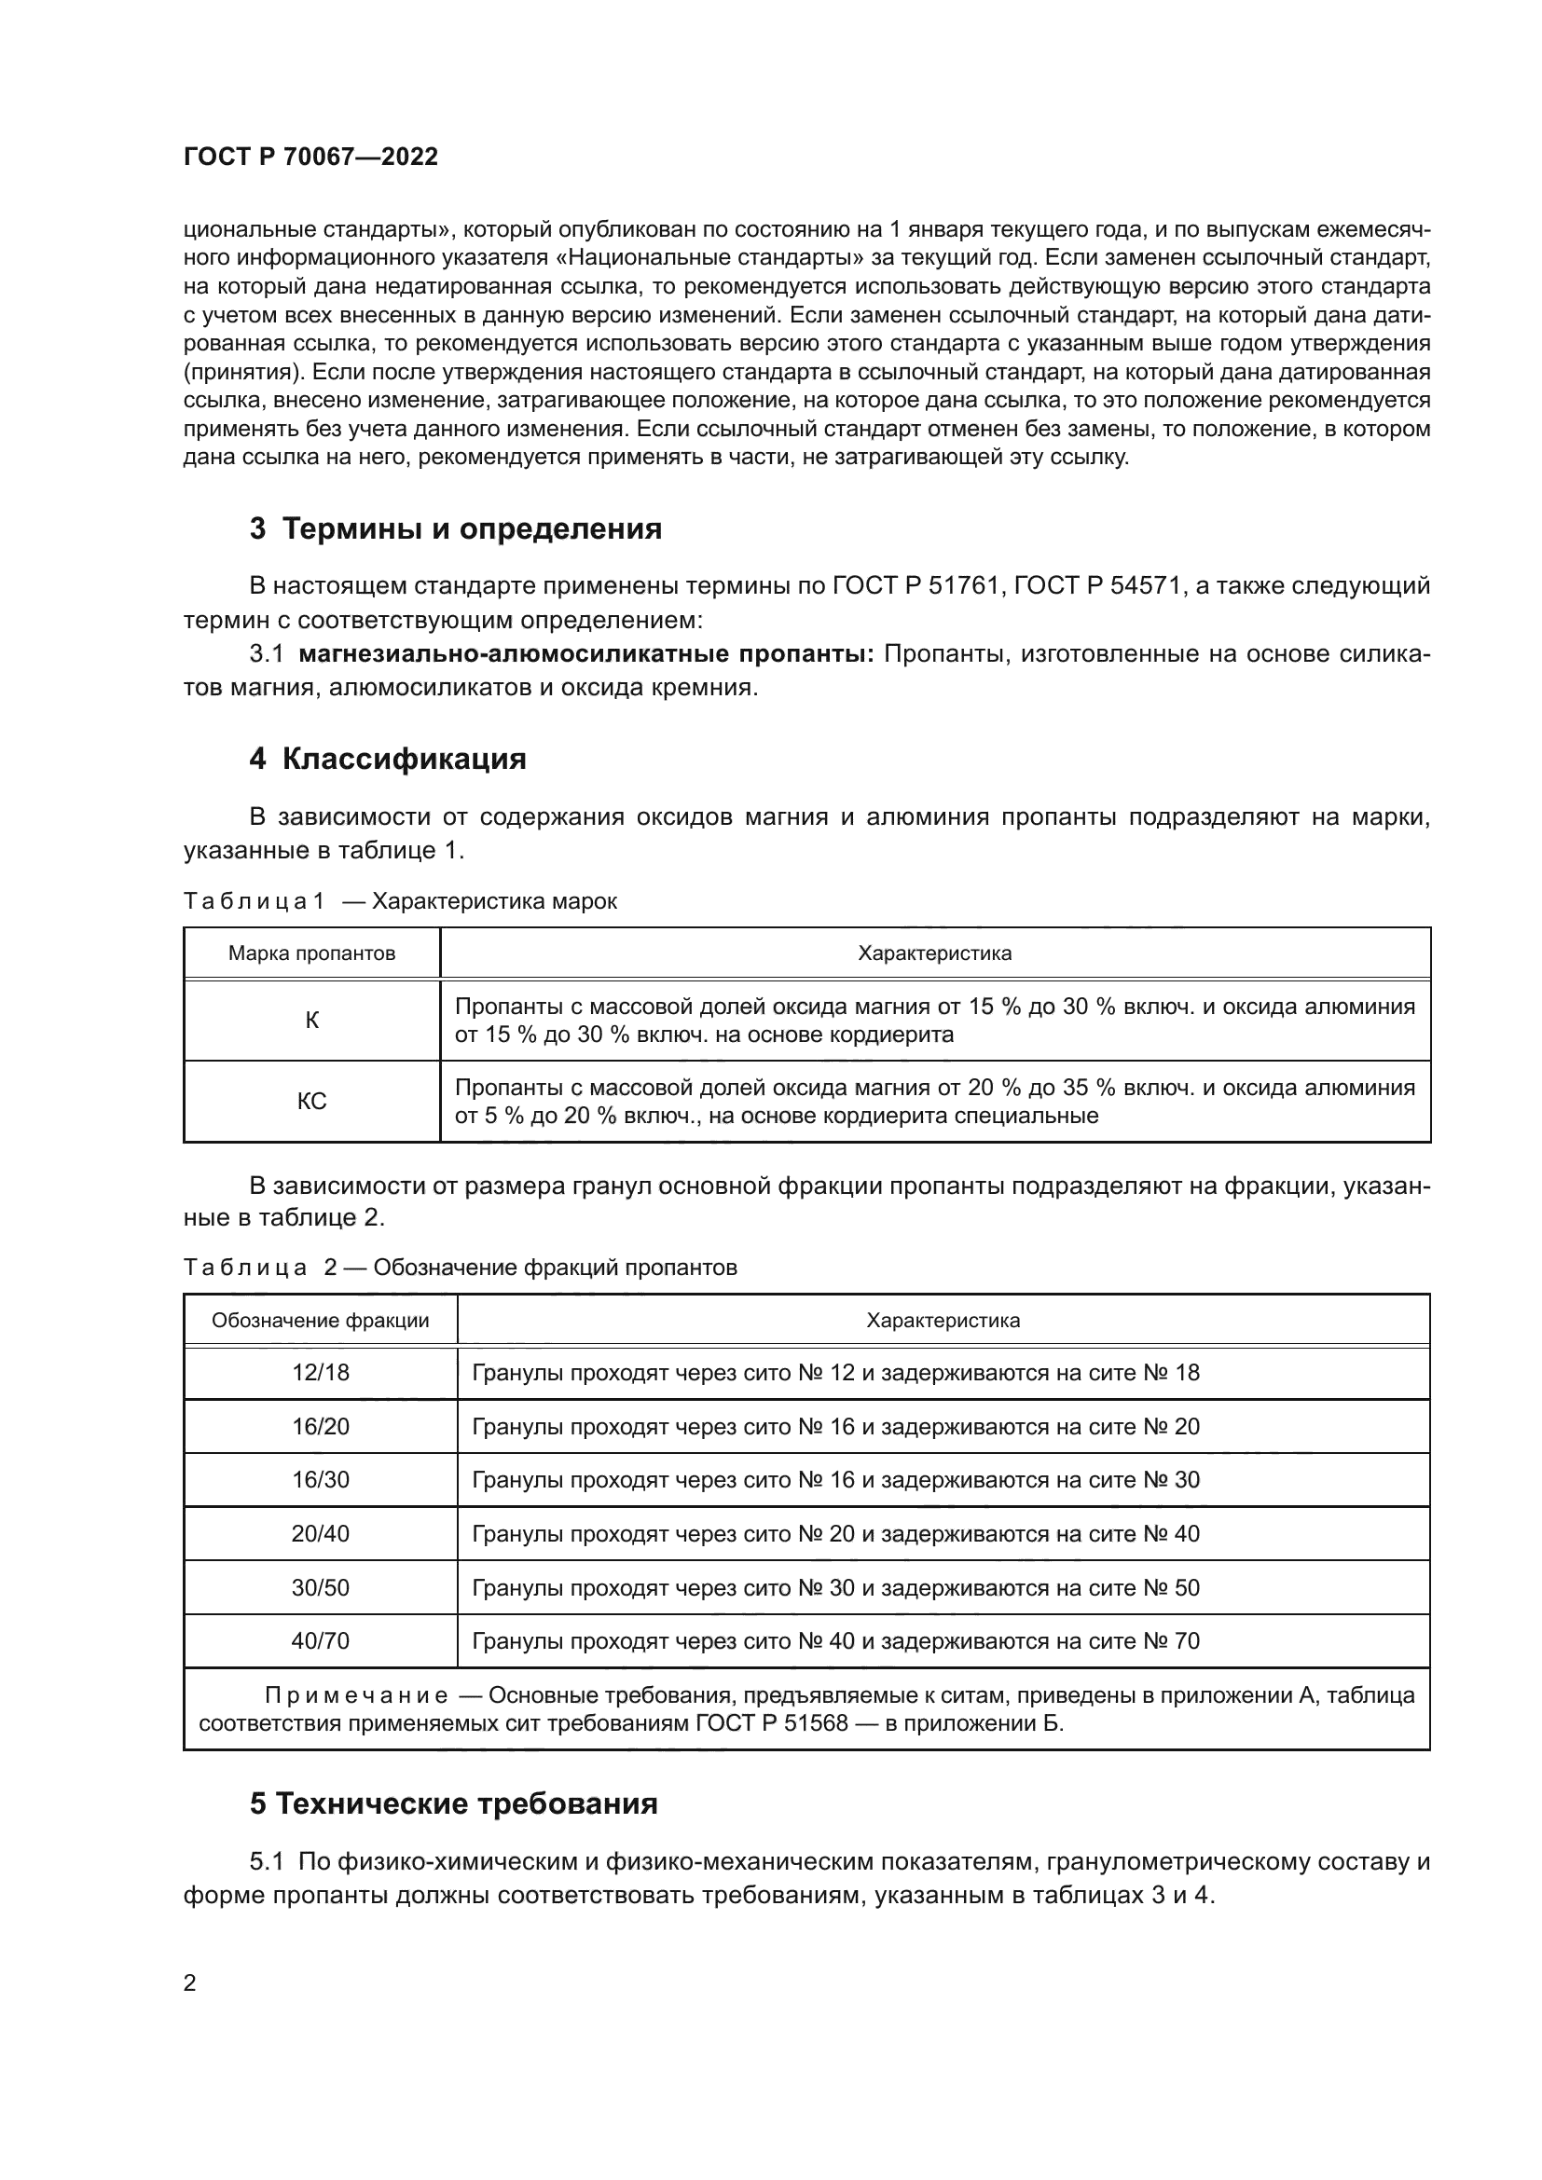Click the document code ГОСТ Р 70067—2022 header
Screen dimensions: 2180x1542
[310, 157]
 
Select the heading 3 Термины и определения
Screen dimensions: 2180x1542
[455, 528]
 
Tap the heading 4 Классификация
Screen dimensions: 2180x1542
[388, 759]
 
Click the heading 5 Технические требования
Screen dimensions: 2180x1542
[453, 1803]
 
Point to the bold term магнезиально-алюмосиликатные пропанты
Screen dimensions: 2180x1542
[585, 654]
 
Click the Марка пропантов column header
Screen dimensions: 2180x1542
[311, 953]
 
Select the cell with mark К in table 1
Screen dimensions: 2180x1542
[311, 1021]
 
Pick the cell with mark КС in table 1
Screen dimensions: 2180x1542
[311, 1102]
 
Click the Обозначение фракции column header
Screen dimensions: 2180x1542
[320, 1321]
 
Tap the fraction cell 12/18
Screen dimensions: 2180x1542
[320, 1373]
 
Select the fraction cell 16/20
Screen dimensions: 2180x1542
[320, 1426]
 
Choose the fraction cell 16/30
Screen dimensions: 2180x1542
[320, 1479]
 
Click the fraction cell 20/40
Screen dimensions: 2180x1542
[320, 1533]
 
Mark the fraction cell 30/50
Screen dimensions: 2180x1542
[320, 1587]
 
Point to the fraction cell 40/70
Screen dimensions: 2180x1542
[320, 1640]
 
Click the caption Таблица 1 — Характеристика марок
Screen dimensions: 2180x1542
[400, 901]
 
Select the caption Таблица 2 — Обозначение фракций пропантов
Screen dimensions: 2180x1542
[460, 1268]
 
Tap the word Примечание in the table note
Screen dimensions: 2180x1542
[356, 1695]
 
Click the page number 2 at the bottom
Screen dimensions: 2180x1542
[189, 1983]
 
